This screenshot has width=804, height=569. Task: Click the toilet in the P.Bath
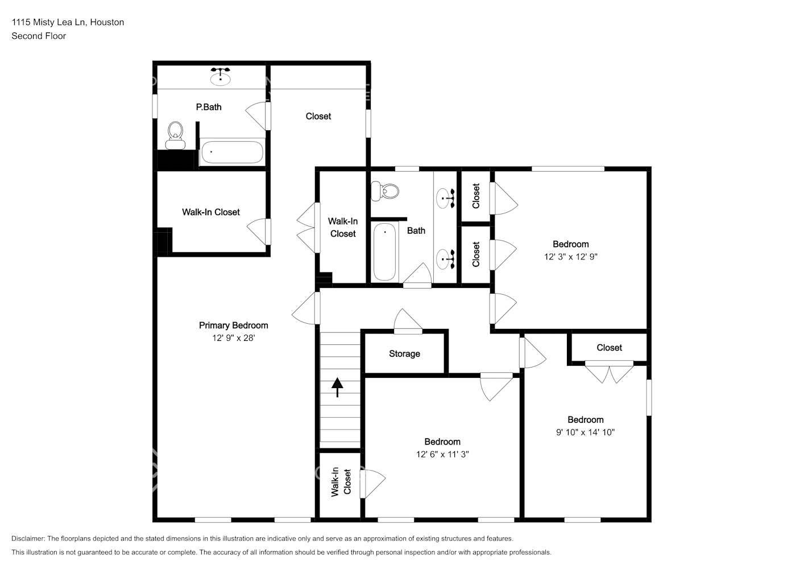pyautogui.click(x=176, y=135)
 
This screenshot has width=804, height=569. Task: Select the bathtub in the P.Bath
pyautogui.click(x=232, y=152)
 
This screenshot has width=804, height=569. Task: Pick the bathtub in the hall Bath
pyautogui.click(x=385, y=251)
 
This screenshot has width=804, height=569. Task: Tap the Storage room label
pyautogui.click(x=404, y=354)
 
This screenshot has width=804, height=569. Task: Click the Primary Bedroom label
pyautogui.click(x=233, y=325)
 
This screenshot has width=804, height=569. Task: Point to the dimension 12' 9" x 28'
pyautogui.click(x=233, y=338)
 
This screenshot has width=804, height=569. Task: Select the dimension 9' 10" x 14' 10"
pyautogui.click(x=585, y=432)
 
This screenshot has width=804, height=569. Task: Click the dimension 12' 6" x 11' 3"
pyautogui.click(x=442, y=454)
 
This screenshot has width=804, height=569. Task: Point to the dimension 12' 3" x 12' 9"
pyautogui.click(x=570, y=257)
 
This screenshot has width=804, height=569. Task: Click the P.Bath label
pyautogui.click(x=209, y=107)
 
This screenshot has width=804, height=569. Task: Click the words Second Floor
pyautogui.click(x=39, y=36)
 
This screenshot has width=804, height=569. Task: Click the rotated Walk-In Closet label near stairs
pyautogui.click(x=341, y=481)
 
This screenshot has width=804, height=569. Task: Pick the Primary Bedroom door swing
pyautogui.click(x=305, y=308)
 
